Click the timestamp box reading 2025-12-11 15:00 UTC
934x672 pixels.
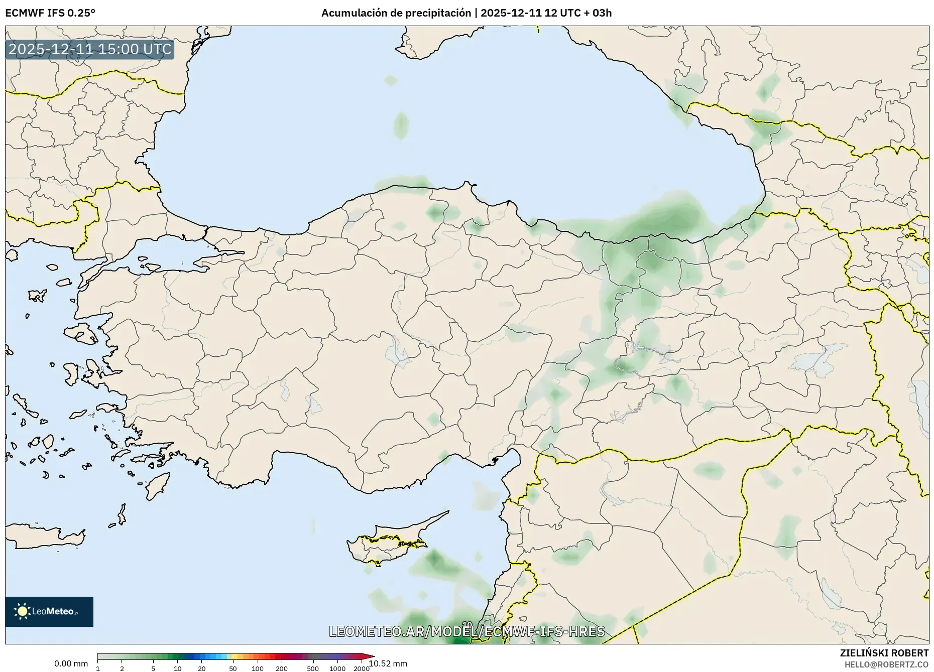[x=90, y=49]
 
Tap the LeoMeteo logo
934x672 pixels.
[x=49, y=611]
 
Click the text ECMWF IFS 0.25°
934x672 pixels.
[x=50, y=13]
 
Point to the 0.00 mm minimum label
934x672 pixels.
[x=71, y=664]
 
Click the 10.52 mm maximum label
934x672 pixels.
[x=388, y=663]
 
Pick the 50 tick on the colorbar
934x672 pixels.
[x=232, y=668]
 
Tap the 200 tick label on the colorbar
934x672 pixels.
[x=282, y=668]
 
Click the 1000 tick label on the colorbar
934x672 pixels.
[x=337, y=668]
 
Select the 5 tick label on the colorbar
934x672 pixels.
[x=153, y=668]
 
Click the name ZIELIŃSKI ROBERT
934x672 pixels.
[x=884, y=653]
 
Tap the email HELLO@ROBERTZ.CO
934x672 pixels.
[x=886, y=664]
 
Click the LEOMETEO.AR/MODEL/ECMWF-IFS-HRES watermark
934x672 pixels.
[x=467, y=631]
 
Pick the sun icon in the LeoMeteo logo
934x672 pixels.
[x=22, y=611]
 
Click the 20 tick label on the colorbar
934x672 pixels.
[x=202, y=668]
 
